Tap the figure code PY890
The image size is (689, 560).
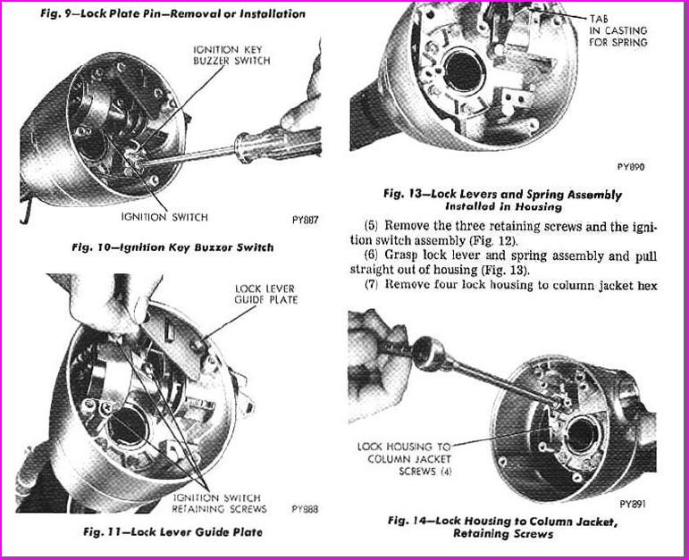630,167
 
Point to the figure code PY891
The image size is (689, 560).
631,503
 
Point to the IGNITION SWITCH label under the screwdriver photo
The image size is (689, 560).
166,217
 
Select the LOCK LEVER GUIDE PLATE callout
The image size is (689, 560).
265,294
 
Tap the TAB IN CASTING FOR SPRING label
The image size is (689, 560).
618,30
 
